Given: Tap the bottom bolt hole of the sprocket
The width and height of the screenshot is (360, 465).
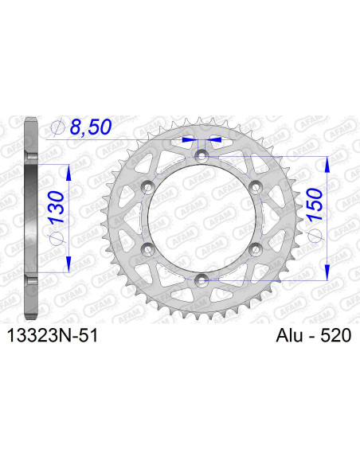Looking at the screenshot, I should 201,279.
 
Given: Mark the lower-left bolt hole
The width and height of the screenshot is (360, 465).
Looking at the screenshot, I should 147,248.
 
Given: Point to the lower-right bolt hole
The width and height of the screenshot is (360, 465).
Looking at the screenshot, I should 255,248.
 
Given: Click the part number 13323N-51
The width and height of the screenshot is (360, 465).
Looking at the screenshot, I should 53,338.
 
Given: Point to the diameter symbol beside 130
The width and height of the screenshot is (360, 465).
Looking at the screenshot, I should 58,244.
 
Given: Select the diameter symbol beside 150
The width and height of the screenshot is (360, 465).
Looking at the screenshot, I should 313,242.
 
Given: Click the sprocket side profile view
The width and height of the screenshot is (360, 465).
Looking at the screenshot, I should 31,217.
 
